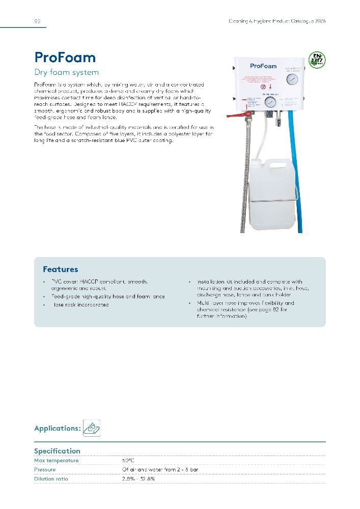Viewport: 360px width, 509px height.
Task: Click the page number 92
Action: (x=37, y=21)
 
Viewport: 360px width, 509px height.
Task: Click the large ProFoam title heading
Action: (x=65, y=57)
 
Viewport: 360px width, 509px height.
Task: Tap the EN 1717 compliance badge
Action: (x=317, y=60)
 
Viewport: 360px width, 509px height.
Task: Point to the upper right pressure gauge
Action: (x=292, y=80)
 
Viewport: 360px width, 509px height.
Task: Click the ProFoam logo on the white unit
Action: (x=263, y=66)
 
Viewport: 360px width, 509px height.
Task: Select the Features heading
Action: (x=60, y=269)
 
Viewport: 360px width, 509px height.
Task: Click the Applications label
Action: (x=57, y=429)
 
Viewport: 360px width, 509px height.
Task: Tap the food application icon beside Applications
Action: (x=92, y=429)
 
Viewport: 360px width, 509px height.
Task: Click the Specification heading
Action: (x=57, y=451)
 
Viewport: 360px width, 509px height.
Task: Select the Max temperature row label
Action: (x=56, y=461)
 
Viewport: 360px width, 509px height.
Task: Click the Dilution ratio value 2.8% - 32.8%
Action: (x=138, y=479)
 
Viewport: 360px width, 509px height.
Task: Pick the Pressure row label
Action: (x=45, y=470)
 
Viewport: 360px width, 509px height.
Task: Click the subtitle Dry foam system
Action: (x=66, y=72)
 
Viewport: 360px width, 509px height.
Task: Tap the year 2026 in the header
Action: (x=320, y=21)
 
